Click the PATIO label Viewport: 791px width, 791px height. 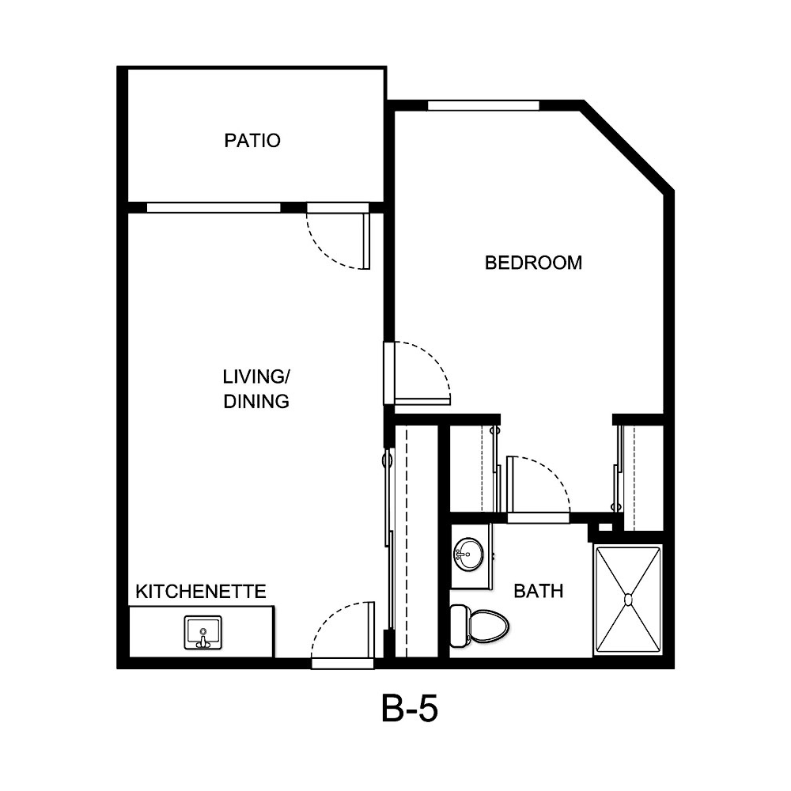252,141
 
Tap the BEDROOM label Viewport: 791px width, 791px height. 533,263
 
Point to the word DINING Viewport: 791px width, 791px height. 255,401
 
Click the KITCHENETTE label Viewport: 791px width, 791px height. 201,592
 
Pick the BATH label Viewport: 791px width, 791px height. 539,590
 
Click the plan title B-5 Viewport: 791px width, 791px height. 409,710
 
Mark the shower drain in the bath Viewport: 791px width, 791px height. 629,600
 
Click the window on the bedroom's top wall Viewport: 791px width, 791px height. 483,105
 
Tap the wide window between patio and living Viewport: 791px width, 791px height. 214,208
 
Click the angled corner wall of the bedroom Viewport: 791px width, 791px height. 628,146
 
